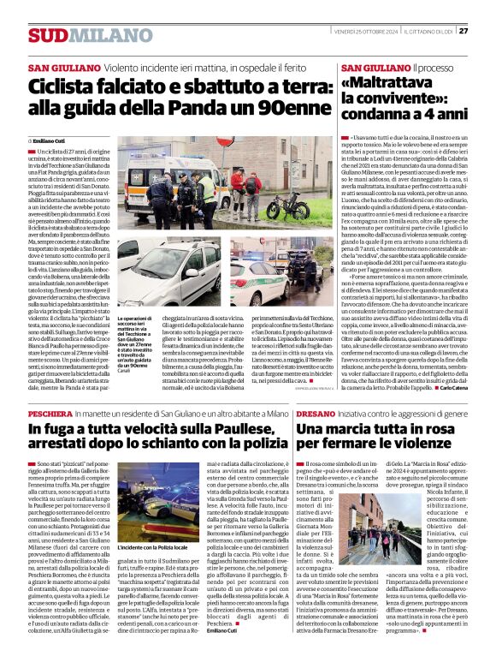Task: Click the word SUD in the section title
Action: click(46, 35)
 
